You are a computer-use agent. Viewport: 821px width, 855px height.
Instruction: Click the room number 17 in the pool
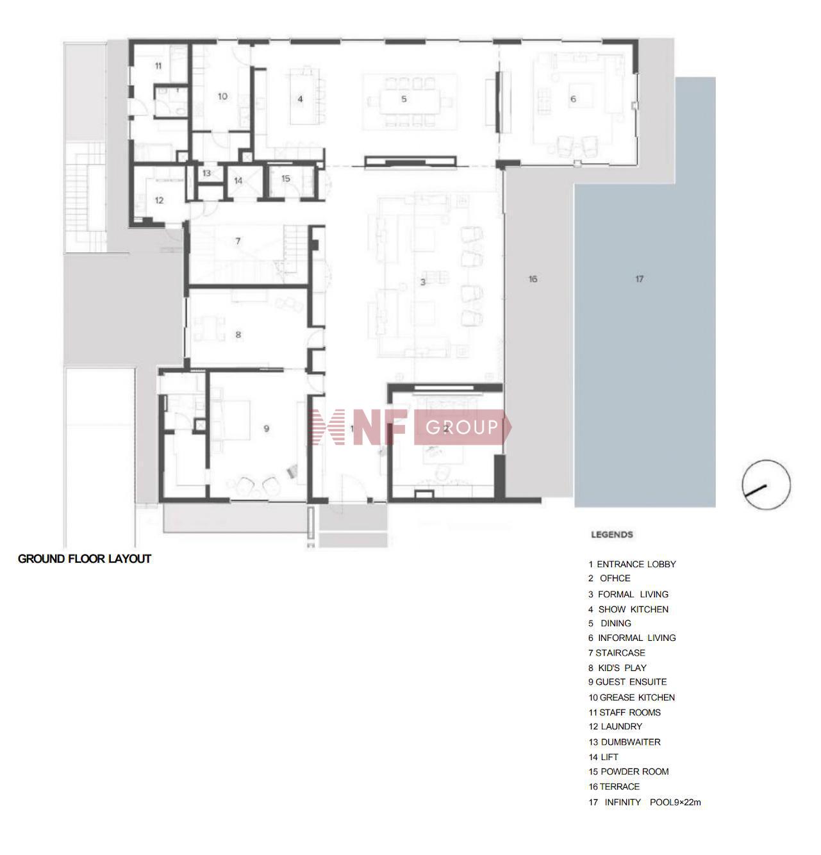[x=639, y=279]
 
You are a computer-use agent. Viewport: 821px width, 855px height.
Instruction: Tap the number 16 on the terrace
[x=533, y=279]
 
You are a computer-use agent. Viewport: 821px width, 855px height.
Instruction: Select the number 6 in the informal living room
[x=573, y=99]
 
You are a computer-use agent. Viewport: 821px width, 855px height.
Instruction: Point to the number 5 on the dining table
[x=404, y=99]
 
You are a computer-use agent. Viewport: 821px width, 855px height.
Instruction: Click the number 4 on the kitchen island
[x=300, y=99]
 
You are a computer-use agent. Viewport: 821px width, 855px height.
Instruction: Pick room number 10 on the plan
[x=222, y=96]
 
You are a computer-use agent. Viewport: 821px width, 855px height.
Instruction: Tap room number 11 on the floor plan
[x=158, y=66]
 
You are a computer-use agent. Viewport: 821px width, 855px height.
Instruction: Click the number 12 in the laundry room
[x=159, y=201]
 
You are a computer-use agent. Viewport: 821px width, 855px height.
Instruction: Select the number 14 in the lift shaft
[x=238, y=181]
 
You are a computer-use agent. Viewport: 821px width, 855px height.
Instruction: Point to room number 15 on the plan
[x=286, y=178]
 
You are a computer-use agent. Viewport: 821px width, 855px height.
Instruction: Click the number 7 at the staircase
[x=238, y=241]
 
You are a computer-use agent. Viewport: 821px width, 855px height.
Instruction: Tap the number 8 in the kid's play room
[x=238, y=335]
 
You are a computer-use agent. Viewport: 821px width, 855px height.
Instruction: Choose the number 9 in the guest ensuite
[x=266, y=428]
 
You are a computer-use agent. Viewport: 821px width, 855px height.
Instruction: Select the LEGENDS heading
[x=612, y=535]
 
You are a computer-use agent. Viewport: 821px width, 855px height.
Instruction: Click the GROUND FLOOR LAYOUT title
[x=85, y=559]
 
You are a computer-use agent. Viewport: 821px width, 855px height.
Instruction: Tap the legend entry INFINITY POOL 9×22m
[x=645, y=802]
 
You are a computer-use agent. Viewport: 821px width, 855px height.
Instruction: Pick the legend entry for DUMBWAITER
[x=625, y=742]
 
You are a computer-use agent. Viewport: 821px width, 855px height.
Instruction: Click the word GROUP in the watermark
[x=461, y=427]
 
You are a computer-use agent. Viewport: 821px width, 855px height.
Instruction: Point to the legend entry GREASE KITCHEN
[x=632, y=697]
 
